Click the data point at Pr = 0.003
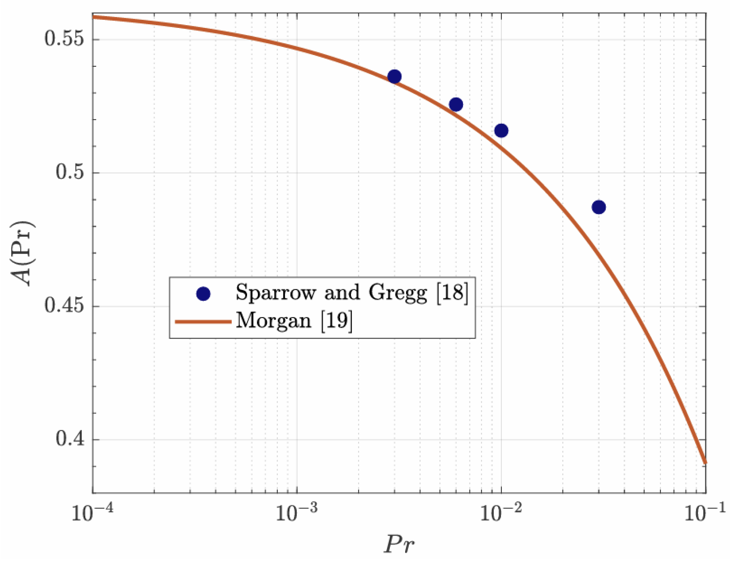click(394, 76)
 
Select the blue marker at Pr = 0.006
click(456, 105)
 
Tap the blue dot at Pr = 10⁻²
click(501, 131)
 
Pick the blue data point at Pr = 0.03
click(598, 207)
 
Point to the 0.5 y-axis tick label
click(70, 173)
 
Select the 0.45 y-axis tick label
click(64, 306)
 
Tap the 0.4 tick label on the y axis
click(70, 439)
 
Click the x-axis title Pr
click(399, 544)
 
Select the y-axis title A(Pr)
click(23, 254)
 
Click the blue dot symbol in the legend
click(203, 294)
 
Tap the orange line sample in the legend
click(203, 322)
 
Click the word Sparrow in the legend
click(275, 292)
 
